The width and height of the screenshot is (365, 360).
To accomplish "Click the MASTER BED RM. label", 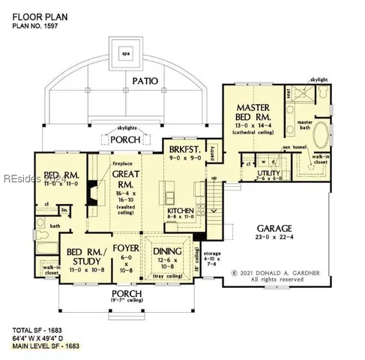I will [253, 113].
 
